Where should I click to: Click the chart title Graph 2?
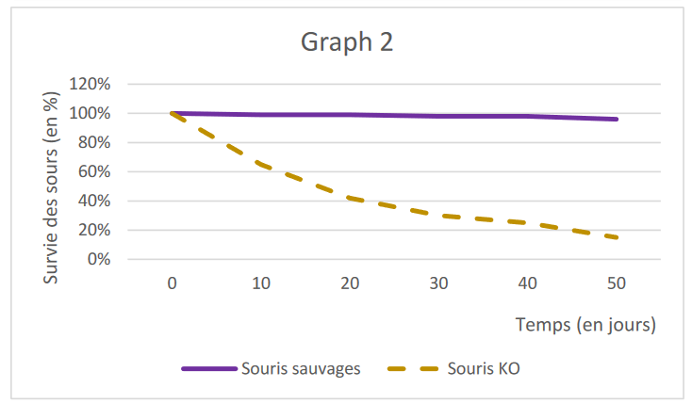[347, 42]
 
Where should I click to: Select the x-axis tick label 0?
[172, 283]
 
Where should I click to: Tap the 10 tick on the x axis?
[261, 283]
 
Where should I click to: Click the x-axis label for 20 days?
[350, 283]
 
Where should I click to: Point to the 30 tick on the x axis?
[438, 283]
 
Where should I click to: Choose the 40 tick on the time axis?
[528, 283]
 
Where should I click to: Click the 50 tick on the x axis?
[617, 283]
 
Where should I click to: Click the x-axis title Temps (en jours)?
[585, 325]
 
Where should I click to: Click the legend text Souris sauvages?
[301, 368]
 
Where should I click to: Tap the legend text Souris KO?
[485, 368]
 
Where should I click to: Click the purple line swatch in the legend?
[208, 368]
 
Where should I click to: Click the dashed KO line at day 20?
[350, 198]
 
